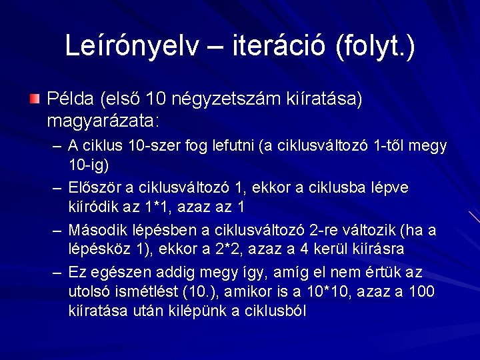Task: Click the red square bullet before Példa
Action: pos(34,99)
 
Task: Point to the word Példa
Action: pos(70,100)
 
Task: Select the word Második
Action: pos(97,231)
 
